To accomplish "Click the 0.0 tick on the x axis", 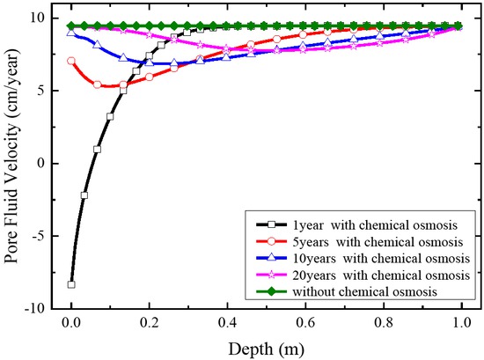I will point(71,322).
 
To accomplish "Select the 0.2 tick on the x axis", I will point(150,322).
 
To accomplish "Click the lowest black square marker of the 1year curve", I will point(71,284).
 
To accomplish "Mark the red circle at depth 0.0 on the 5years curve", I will point(71,61).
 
